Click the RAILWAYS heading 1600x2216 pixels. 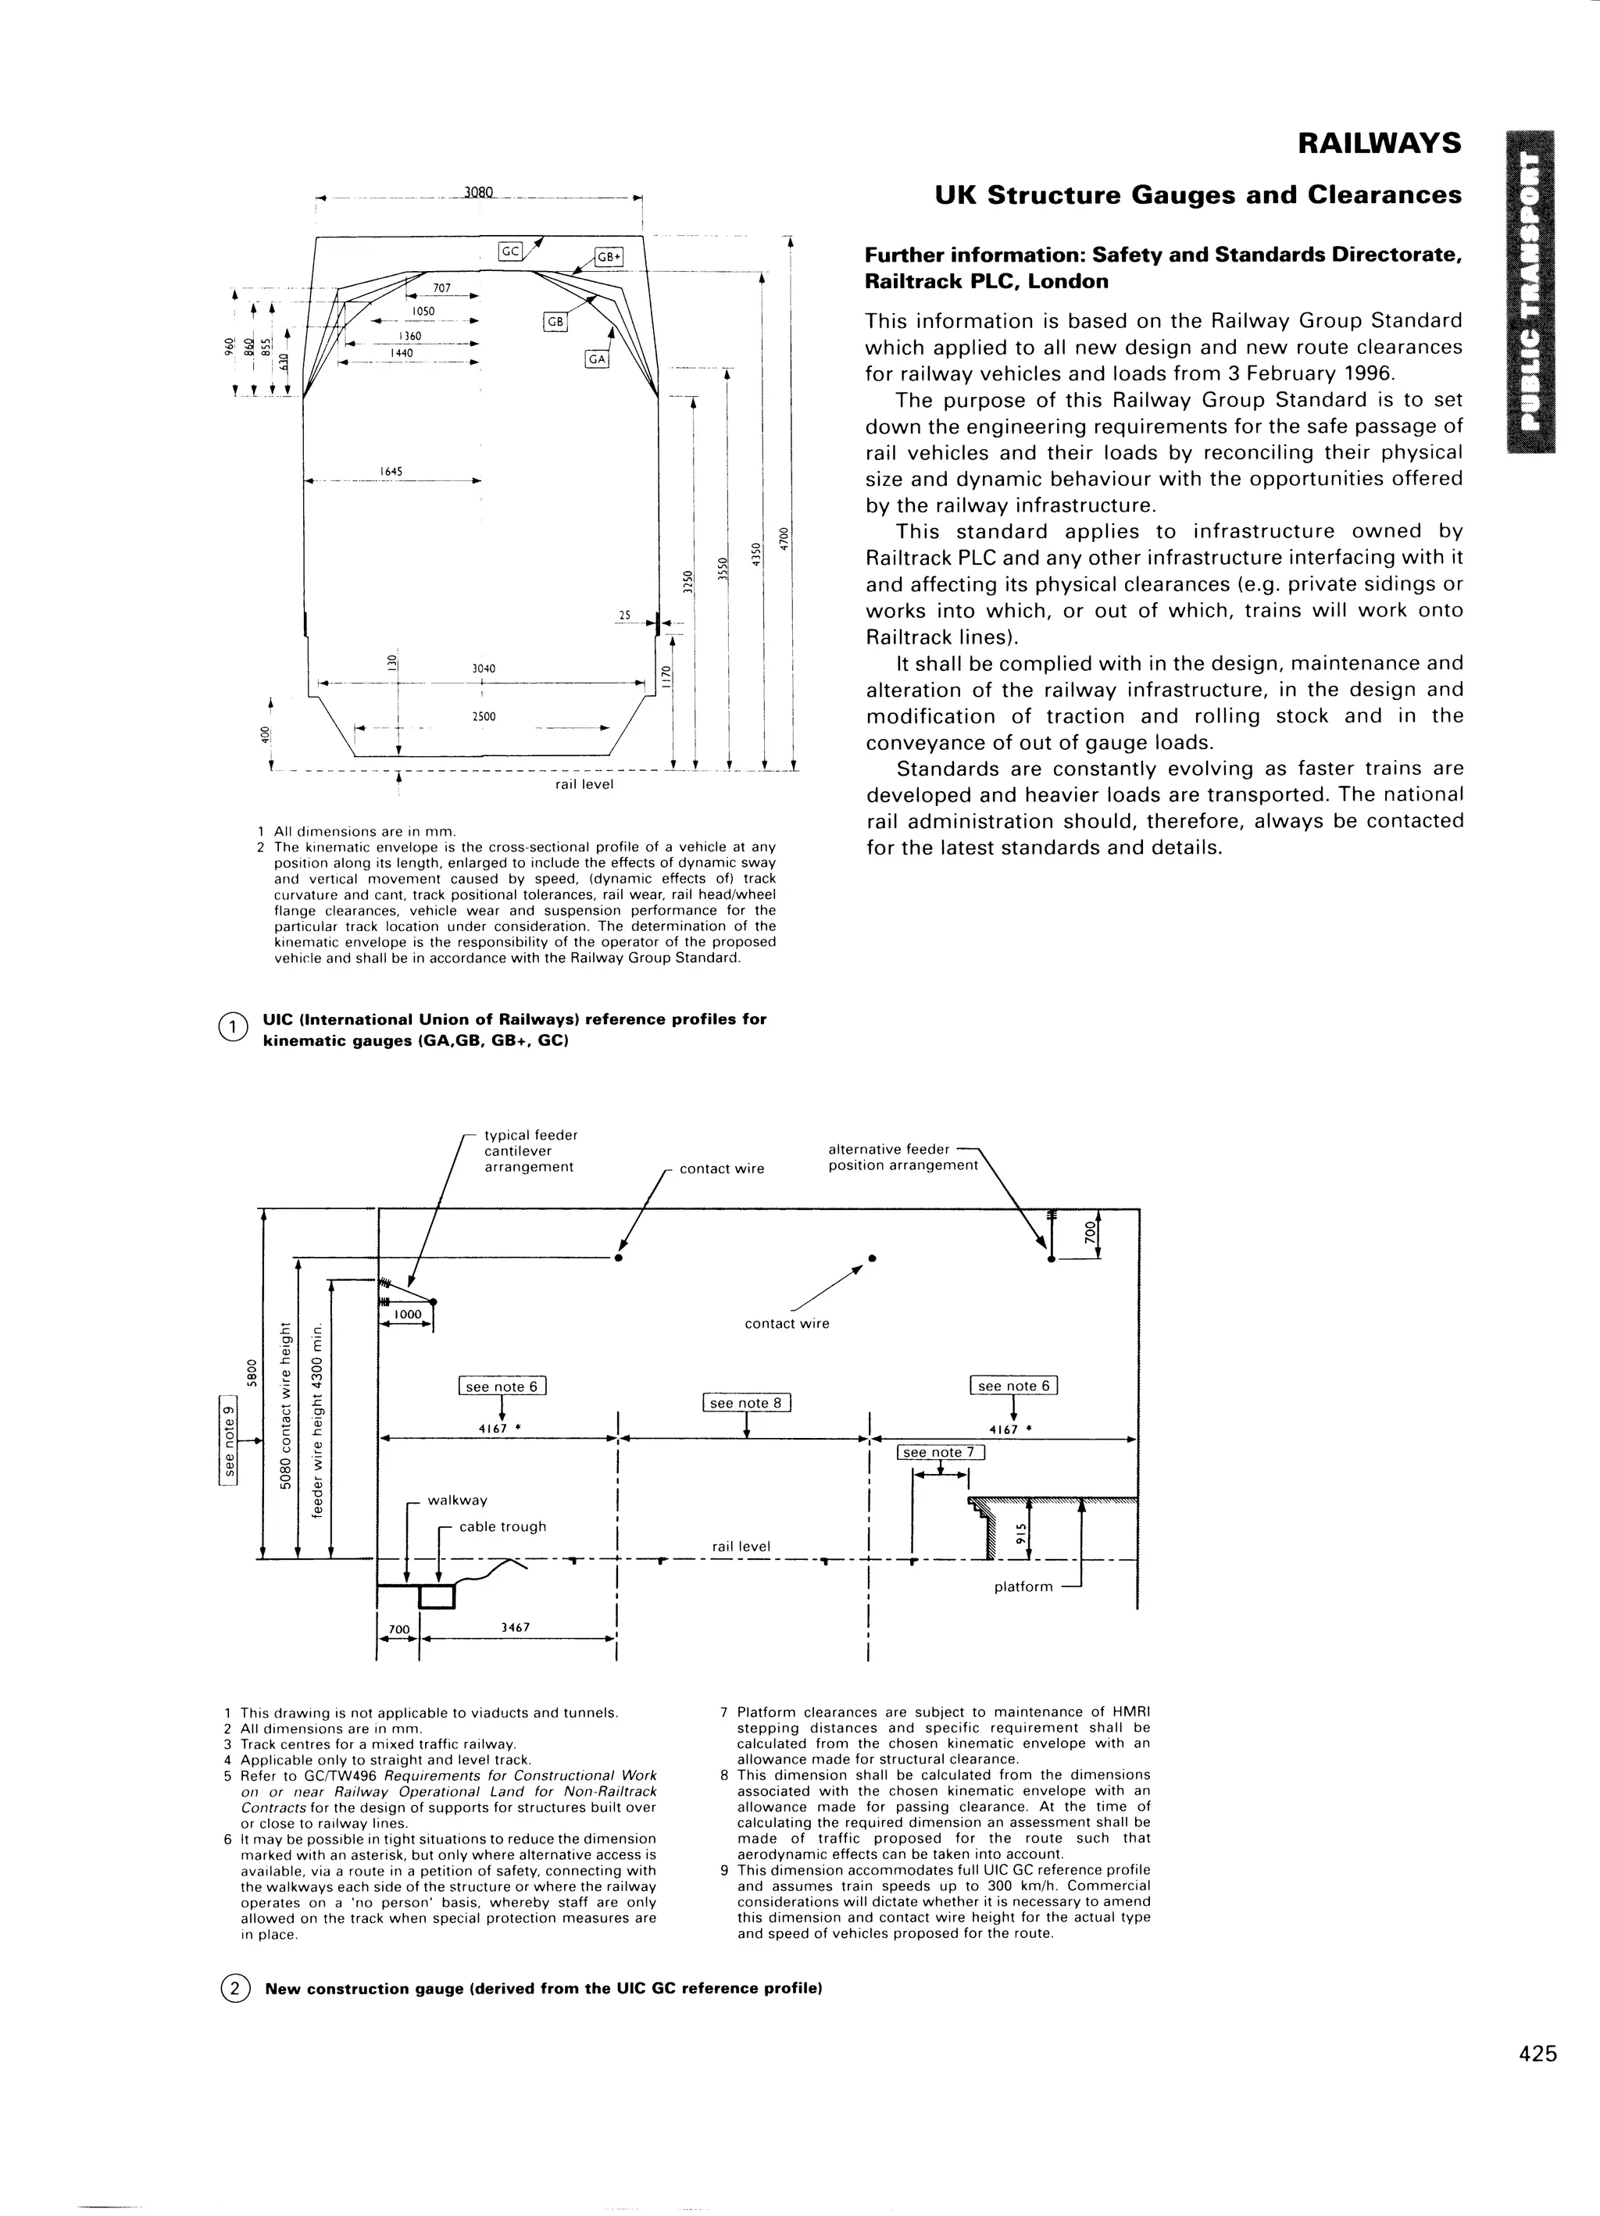click(1378, 144)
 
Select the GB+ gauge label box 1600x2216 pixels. click(609, 257)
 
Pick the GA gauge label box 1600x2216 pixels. click(596, 359)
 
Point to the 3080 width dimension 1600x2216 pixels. click(479, 192)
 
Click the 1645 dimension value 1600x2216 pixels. click(391, 472)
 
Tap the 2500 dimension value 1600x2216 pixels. click(484, 716)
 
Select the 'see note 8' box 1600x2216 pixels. click(746, 1403)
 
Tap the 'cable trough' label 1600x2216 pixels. click(502, 1526)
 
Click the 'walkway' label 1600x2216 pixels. click(458, 1500)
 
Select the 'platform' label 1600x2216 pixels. click(1023, 1586)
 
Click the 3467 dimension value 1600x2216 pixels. click(515, 1627)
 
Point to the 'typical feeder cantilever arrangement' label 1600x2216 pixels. click(530, 1151)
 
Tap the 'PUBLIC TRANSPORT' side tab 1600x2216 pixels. click(1531, 291)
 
